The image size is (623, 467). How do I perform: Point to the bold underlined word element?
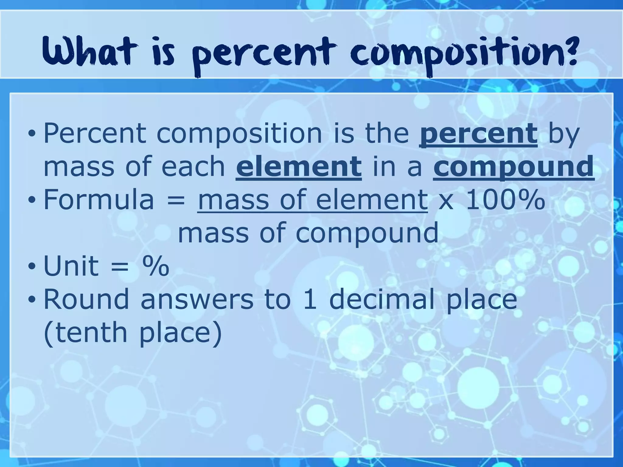click(x=299, y=167)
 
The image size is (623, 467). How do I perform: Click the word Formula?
click(x=99, y=200)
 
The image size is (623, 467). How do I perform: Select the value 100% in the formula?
click(x=505, y=200)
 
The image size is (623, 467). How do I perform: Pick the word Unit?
click(x=71, y=266)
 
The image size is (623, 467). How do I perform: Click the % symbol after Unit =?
click(x=155, y=266)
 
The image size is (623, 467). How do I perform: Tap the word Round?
click(x=86, y=299)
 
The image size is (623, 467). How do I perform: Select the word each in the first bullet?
click(x=193, y=167)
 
